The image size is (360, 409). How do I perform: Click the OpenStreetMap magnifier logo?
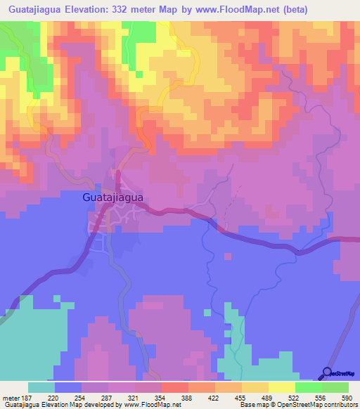tap(328, 373)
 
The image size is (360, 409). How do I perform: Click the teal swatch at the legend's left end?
tap(41, 387)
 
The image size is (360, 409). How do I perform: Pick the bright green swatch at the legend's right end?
tap(335, 387)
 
